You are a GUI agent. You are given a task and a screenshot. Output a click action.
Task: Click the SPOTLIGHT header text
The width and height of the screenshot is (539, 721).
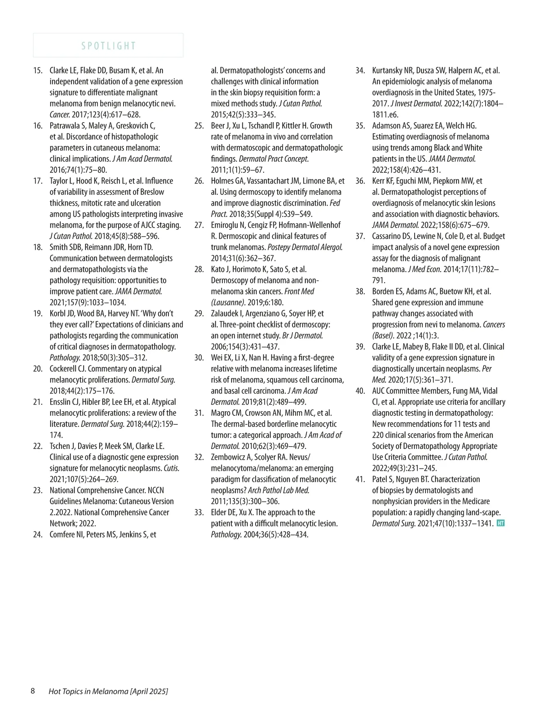pyautogui.click(x=108, y=46)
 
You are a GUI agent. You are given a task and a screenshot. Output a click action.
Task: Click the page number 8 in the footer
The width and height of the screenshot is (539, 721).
pyautogui.click(x=33, y=691)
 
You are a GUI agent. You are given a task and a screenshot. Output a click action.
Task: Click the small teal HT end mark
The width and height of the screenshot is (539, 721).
pyautogui.click(x=501, y=523)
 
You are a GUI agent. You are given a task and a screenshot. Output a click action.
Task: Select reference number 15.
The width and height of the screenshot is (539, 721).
pyautogui.click(x=38, y=70)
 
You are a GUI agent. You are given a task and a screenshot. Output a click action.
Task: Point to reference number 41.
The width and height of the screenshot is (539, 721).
pyautogui.click(x=360, y=479)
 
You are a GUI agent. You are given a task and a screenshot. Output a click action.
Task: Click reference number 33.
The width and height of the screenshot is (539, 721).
pyautogui.click(x=199, y=513)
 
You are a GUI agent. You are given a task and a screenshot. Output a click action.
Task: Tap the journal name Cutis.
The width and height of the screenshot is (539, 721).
pyautogui.click(x=171, y=468)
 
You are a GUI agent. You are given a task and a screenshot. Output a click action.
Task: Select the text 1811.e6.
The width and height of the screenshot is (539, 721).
pyautogui.click(x=385, y=114)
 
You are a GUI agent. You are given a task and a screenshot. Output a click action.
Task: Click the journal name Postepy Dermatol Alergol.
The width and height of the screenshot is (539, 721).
pyautogui.click(x=305, y=247)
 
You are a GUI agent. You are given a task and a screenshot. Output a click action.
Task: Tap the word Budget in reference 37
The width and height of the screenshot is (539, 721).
pyautogui.click(x=494, y=236)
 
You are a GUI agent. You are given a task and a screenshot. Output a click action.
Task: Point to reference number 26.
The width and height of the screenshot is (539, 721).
pyautogui.click(x=199, y=181)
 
